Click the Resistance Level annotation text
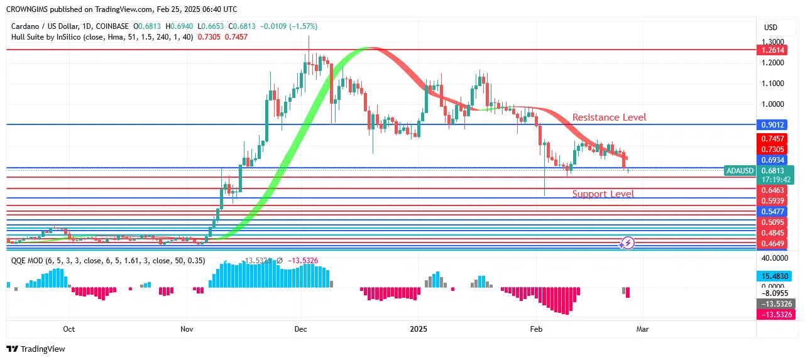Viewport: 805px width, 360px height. [609, 117]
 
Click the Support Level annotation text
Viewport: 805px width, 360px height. [603, 194]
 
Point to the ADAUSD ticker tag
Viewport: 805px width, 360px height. [740, 170]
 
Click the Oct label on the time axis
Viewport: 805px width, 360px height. [69, 329]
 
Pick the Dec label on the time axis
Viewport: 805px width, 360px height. [300, 329]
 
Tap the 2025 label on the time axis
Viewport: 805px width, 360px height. [419, 329]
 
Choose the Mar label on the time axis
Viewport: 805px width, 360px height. [642, 329]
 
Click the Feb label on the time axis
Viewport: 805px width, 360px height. [536, 329]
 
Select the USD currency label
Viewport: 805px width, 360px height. [770, 28]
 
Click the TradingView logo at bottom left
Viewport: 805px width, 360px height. [36, 349]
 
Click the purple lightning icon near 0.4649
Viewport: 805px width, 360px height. [627, 243]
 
